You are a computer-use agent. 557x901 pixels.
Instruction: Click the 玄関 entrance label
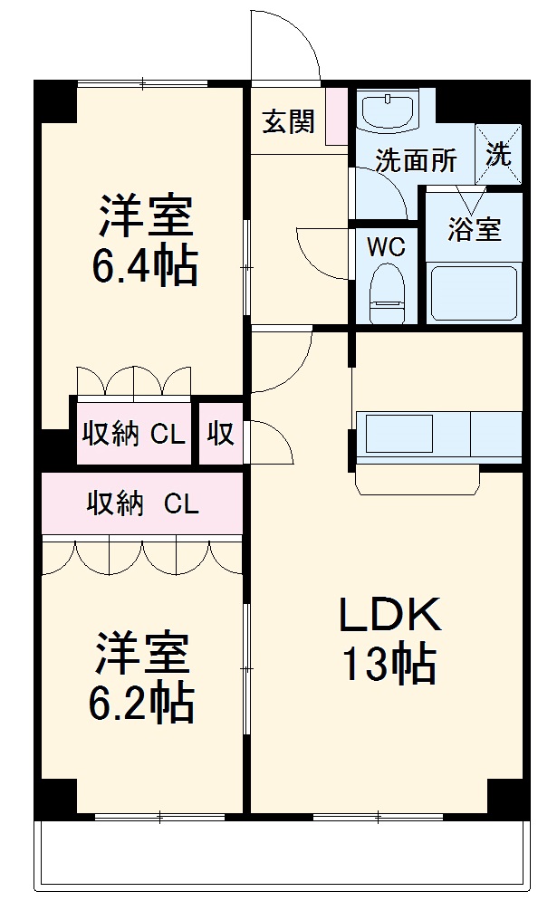pyautogui.click(x=289, y=121)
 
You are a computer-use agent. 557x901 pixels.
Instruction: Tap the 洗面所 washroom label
pyautogui.click(x=416, y=161)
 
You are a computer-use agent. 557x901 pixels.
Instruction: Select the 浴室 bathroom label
pyautogui.click(x=474, y=229)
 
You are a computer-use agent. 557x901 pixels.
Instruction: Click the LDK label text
pyautogui.click(x=389, y=617)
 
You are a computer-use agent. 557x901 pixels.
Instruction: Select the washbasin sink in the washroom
pyautogui.click(x=388, y=112)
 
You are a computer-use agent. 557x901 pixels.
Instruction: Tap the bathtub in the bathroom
pyautogui.click(x=474, y=292)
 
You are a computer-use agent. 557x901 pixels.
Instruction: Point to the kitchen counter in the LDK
pyautogui.click(x=439, y=435)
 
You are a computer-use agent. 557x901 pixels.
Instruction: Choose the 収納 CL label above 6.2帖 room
pyautogui.click(x=142, y=503)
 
